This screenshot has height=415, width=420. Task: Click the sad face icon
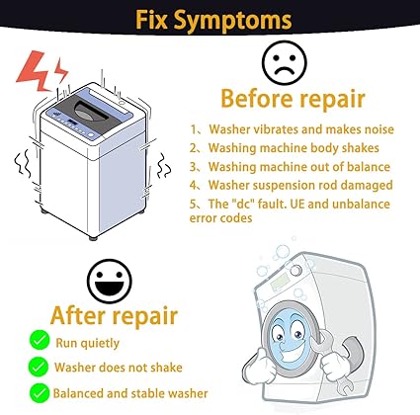tap(285, 63)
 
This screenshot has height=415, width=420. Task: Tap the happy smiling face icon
tap(110, 281)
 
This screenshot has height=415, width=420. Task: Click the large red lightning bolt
tap(36, 71)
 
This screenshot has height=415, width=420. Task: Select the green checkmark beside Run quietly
tap(40, 341)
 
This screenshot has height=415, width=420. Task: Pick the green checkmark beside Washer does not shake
tap(39, 367)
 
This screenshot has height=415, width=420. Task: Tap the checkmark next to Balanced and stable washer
tap(40, 393)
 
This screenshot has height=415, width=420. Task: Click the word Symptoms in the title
tap(232, 21)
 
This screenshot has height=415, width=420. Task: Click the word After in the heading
tap(78, 315)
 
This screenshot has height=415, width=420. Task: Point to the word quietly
tap(100, 343)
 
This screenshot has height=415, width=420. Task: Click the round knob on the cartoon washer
tap(296, 271)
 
